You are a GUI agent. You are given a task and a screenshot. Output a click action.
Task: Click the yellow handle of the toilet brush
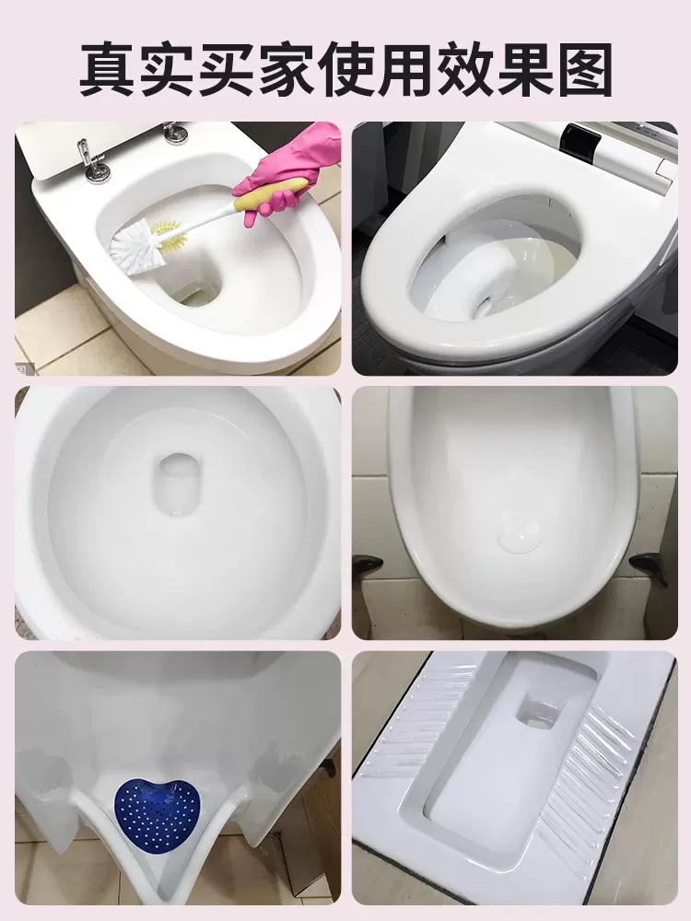click(270, 193)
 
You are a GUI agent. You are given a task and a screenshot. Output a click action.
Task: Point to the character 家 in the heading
click(287, 69)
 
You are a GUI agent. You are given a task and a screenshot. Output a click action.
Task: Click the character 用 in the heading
click(404, 69)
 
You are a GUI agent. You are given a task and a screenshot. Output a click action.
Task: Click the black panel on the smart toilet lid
click(582, 141)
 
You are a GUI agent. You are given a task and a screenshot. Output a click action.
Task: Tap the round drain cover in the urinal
click(520, 534)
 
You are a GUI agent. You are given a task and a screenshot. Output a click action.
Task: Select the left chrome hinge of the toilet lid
click(93, 160)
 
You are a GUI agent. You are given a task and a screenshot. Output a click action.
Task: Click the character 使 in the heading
click(346, 69)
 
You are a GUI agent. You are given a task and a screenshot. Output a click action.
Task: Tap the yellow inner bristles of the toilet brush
click(170, 233)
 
